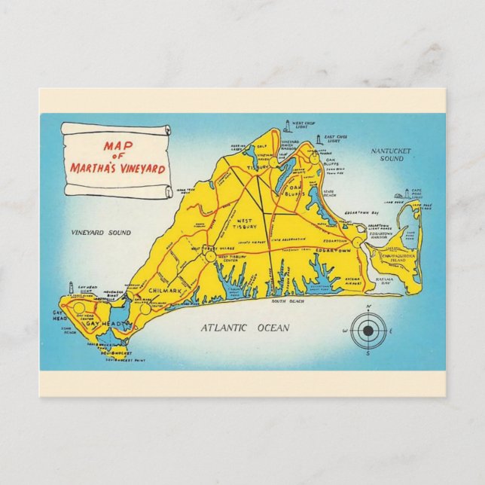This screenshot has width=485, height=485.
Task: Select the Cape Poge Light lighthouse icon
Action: (x=407, y=194)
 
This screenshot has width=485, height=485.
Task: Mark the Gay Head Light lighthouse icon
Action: (x=71, y=288)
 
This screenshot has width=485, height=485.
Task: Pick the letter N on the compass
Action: (x=368, y=308)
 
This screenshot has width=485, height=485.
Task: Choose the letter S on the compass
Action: (x=368, y=352)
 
